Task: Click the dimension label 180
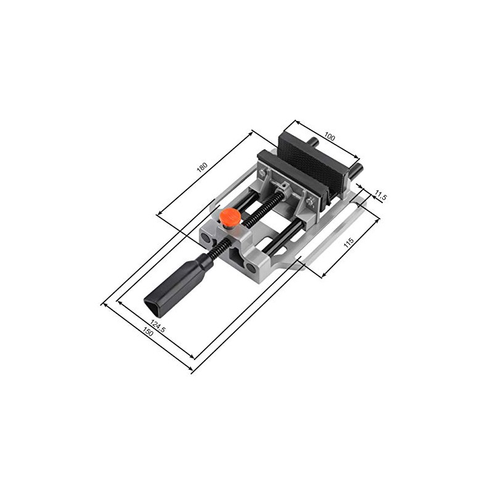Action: coord(201,167)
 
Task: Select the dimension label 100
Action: coord(329,137)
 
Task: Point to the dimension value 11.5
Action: coord(380,198)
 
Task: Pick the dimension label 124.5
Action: coord(158,325)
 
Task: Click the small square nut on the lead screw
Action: coord(283,185)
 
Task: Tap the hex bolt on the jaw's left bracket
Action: coord(265,176)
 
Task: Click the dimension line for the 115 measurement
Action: coord(350,241)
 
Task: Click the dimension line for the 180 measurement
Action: coord(205,172)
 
